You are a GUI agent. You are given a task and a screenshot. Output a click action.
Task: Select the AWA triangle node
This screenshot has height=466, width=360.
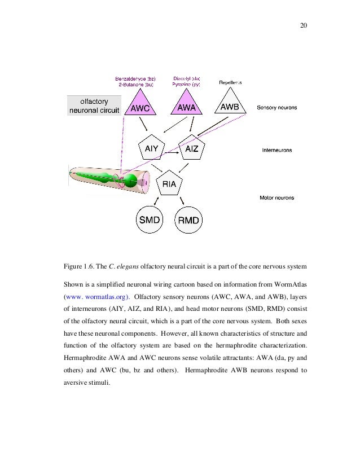pyautogui.click(x=187, y=105)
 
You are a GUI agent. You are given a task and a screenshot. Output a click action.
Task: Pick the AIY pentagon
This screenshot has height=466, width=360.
pyautogui.click(x=151, y=149)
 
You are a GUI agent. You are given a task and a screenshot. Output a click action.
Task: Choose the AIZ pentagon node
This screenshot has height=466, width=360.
pyautogui.click(x=192, y=149)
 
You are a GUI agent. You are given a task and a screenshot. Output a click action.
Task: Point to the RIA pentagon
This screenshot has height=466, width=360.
pyautogui.click(x=169, y=183)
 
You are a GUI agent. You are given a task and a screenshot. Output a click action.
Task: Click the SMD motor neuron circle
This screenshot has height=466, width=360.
pyautogui.click(x=150, y=219)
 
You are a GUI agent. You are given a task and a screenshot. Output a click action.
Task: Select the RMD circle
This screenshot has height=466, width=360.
pyautogui.click(x=189, y=219)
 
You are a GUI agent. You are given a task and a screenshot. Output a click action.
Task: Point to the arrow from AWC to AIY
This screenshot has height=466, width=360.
pyautogui.click(x=144, y=125)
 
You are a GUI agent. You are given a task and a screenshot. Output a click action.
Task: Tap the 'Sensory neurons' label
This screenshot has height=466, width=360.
pyautogui.click(x=277, y=107)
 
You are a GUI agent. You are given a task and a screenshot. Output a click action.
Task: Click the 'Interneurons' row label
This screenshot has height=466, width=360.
pyautogui.click(x=276, y=150)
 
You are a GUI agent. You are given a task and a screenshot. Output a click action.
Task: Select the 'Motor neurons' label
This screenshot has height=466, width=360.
pyautogui.click(x=276, y=197)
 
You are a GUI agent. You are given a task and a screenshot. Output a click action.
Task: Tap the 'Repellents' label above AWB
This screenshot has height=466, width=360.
pyautogui.click(x=230, y=82)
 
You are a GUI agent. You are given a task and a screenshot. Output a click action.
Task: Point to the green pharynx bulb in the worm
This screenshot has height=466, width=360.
pyautogui.click(x=130, y=180)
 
